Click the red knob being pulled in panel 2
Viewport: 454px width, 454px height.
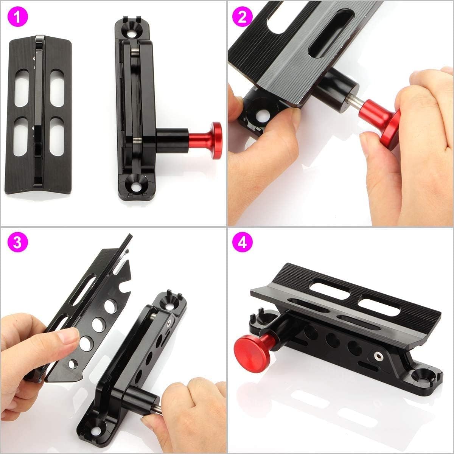coord(383,118)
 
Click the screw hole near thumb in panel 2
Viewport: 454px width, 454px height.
coord(261,117)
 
